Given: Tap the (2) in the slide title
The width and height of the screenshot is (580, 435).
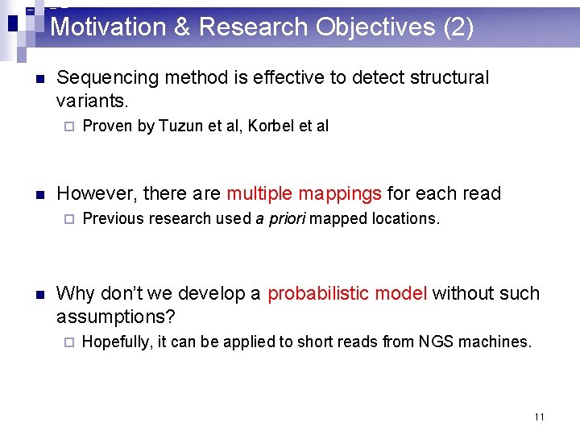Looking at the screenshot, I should click(458, 27).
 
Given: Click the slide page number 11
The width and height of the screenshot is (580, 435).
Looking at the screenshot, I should click(539, 416).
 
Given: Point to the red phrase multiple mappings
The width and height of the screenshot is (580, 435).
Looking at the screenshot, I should click(304, 194).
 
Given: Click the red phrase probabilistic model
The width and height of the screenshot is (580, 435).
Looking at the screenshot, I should click(347, 293).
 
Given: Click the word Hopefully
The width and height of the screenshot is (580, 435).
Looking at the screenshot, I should click(117, 342).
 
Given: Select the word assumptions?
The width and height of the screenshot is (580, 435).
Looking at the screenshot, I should click(116, 316).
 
